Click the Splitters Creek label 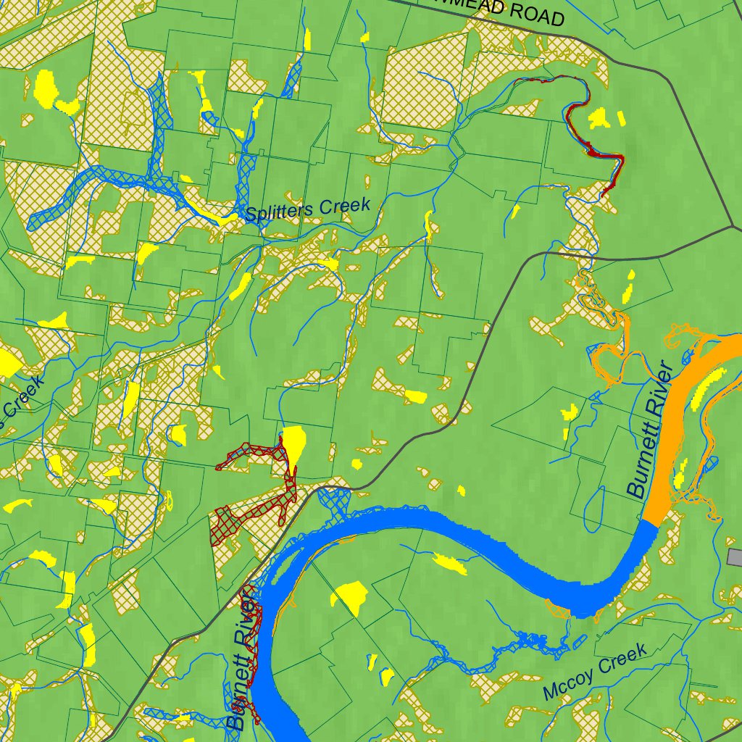pyautogui.click(x=307, y=209)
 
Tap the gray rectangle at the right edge pyautogui.click(x=735, y=557)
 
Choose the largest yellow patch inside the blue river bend pyautogui.click(x=350, y=596)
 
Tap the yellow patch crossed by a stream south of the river pyautogui.click(x=449, y=563)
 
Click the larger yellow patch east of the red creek pyautogui.click(x=599, y=118)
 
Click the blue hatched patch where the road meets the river pyautogui.click(x=334, y=499)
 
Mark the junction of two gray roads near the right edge pyautogui.click(x=733, y=226)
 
